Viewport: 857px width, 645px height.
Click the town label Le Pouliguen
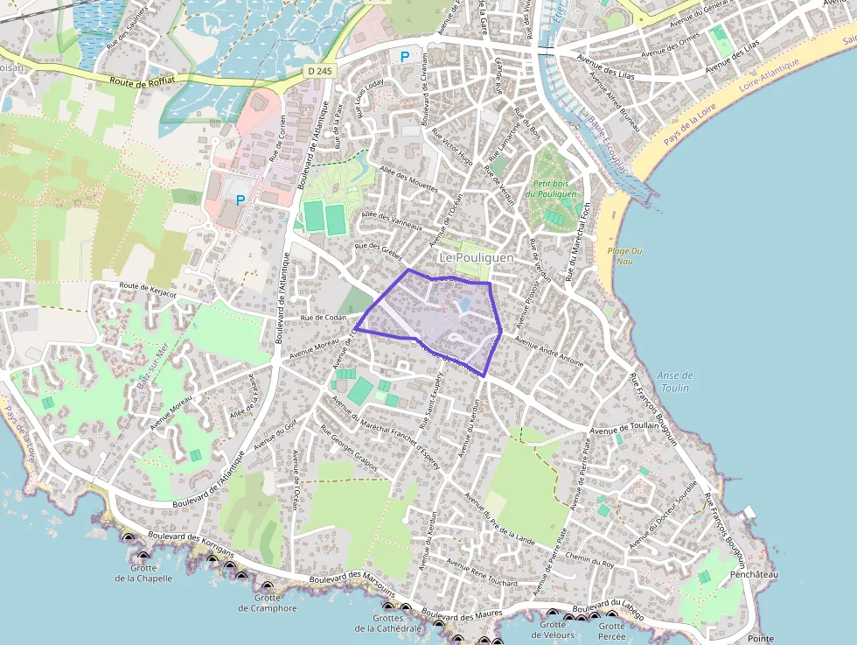pyautogui.click(x=476, y=258)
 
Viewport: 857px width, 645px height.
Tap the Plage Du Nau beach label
pyautogui.click(x=624, y=256)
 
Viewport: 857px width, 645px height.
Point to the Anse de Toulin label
pyautogui.click(x=674, y=382)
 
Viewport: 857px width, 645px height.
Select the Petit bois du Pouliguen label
pyautogui.click(x=552, y=189)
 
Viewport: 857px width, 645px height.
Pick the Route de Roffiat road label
pyautogui.click(x=144, y=83)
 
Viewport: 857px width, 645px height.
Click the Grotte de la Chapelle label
pyautogui.click(x=143, y=572)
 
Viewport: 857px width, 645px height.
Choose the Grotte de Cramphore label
pyautogui.click(x=268, y=603)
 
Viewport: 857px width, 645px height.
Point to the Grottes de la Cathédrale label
pyautogui.click(x=388, y=623)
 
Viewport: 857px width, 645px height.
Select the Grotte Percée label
pyautogui.click(x=611, y=631)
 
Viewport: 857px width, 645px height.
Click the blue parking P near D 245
pyautogui.click(x=404, y=57)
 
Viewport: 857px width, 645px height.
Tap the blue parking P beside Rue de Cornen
pyautogui.click(x=240, y=200)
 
